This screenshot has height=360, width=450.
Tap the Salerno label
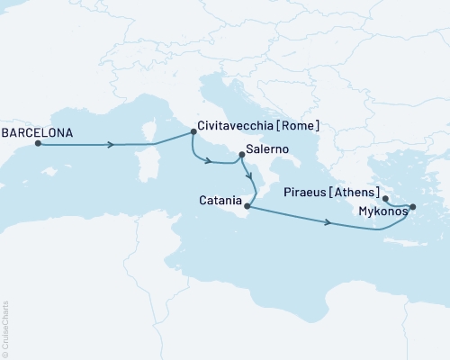(266, 153)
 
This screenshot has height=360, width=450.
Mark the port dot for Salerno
(240, 155)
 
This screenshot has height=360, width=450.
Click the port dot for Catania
(247, 207)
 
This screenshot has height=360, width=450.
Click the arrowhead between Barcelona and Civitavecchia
(110, 144)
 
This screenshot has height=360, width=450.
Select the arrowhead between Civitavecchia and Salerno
(209, 162)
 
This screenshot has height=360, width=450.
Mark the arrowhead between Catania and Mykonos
(331, 222)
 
